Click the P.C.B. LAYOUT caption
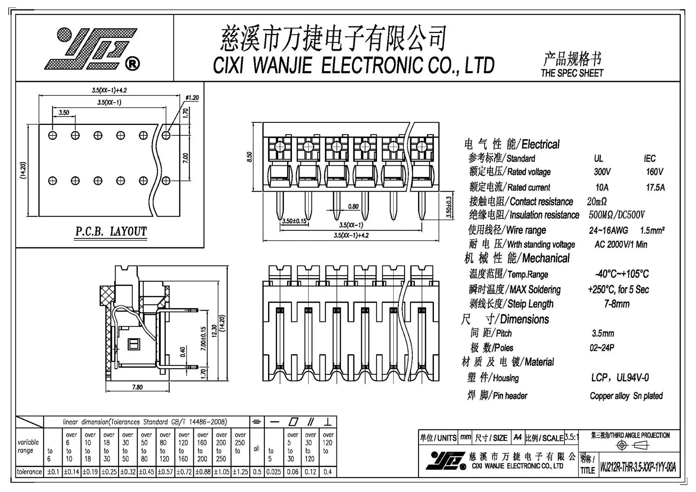pos(111,231)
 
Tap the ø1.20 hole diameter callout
pos(192,98)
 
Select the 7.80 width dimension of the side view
pos(137,387)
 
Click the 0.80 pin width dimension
pos(353,206)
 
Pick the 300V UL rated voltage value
pos(602,172)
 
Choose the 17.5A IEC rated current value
pos(655,188)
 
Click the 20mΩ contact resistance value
pos(596,201)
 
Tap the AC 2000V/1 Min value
pos(620,244)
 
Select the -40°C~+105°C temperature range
pos(622,274)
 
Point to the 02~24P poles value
pos(602,348)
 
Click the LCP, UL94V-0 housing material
pos(620,378)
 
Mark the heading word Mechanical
pos(546,258)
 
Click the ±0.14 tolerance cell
pos(71,472)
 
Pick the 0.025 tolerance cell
pos(274,472)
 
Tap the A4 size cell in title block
pos(517,437)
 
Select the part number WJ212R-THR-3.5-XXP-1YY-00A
pos(638,467)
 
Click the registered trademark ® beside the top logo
pos(132,64)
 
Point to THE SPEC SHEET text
pos(572,73)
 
